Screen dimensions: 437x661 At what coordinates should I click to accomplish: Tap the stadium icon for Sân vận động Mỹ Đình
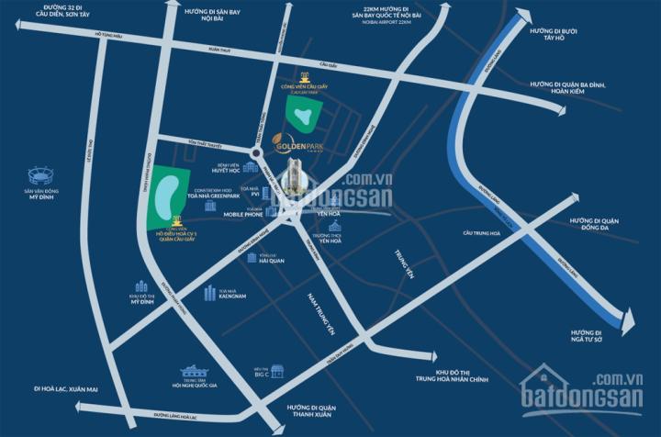pos(40,174)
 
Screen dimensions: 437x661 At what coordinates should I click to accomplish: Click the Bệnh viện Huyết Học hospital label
pos(225,170)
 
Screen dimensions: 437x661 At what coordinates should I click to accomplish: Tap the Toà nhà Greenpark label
pos(224,195)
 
